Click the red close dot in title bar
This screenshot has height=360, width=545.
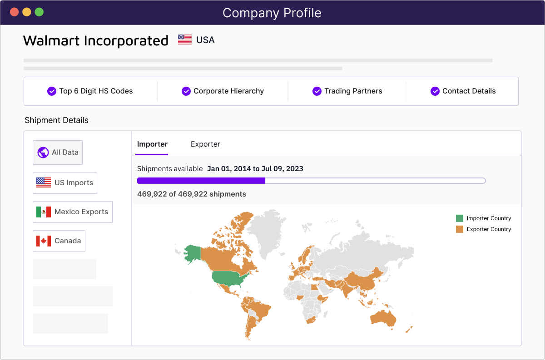[x=14, y=12]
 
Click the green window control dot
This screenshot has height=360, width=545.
[x=39, y=12]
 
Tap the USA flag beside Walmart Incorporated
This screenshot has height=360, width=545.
[x=184, y=40]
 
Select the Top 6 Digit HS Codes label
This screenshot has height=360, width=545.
[x=96, y=91]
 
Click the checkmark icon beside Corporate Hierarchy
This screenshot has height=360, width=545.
[x=186, y=91]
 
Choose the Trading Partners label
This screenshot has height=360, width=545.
[x=353, y=91]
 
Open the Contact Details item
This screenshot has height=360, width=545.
[x=469, y=91]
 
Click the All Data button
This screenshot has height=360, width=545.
[x=58, y=153]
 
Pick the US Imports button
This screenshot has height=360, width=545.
[x=65, y=182]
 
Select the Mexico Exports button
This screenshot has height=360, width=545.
[x=73, y=212]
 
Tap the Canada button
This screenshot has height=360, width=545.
[x=59, y=241]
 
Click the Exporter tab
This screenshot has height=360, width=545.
[x=205, y=144]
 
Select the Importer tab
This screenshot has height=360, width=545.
[x=152, y=144]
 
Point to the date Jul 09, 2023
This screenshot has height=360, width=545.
[x=282, y=169]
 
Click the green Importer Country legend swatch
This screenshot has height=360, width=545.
[x=460, y=218]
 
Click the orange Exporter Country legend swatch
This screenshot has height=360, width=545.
[x=460, y=229]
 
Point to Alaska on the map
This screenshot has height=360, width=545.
[x=192, y=253]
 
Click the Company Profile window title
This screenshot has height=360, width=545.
[x=272, y=13]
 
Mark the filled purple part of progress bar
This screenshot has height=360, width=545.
[x=201, y=181]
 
